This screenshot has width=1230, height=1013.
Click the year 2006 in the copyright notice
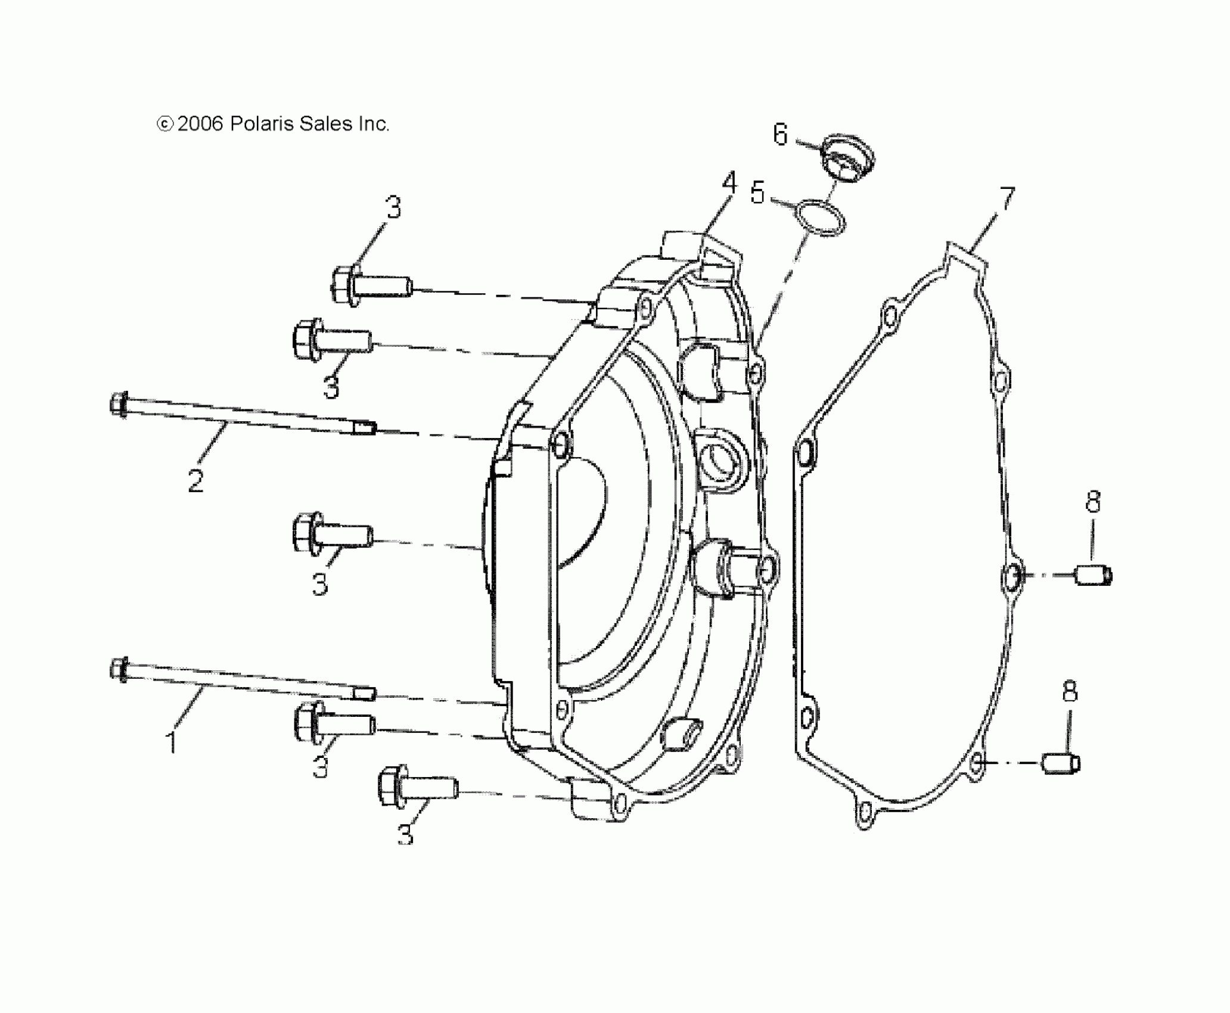(200, 124)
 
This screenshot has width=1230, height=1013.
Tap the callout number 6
(780, 135)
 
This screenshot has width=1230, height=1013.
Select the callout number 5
(757, 193)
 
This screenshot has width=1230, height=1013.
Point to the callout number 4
(729, 184)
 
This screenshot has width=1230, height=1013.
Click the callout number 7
(1007, 199)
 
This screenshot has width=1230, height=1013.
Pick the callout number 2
(195, 480)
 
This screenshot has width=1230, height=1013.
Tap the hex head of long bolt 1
(119, 669)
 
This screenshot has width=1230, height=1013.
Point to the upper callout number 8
(1093, 503)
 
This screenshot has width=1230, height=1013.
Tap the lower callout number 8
(1070, 692)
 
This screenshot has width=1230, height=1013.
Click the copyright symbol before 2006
(165, 124)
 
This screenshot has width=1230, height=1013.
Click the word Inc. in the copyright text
(374, 124)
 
